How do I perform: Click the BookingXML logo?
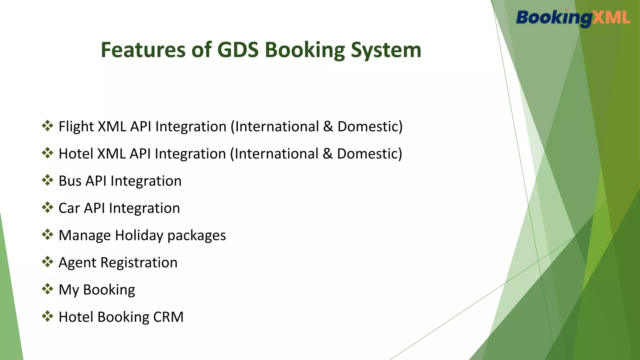[573, 18]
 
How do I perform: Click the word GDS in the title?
[238, 50]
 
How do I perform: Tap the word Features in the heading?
[143, 50]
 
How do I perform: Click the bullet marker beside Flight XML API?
[47, 126]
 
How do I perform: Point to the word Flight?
[76, 127]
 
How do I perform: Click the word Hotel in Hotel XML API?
[76, 154]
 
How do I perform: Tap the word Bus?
[70, 181]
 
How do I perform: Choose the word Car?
[69, 208]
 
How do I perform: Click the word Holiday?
[139, 235]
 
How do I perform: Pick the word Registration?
[139, 262]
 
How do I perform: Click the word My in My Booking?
[69, 290]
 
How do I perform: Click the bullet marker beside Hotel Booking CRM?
[47, 316]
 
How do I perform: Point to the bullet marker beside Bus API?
[47, 180]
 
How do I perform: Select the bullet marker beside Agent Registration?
[47, 262]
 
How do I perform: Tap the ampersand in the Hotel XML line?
[328, 154]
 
